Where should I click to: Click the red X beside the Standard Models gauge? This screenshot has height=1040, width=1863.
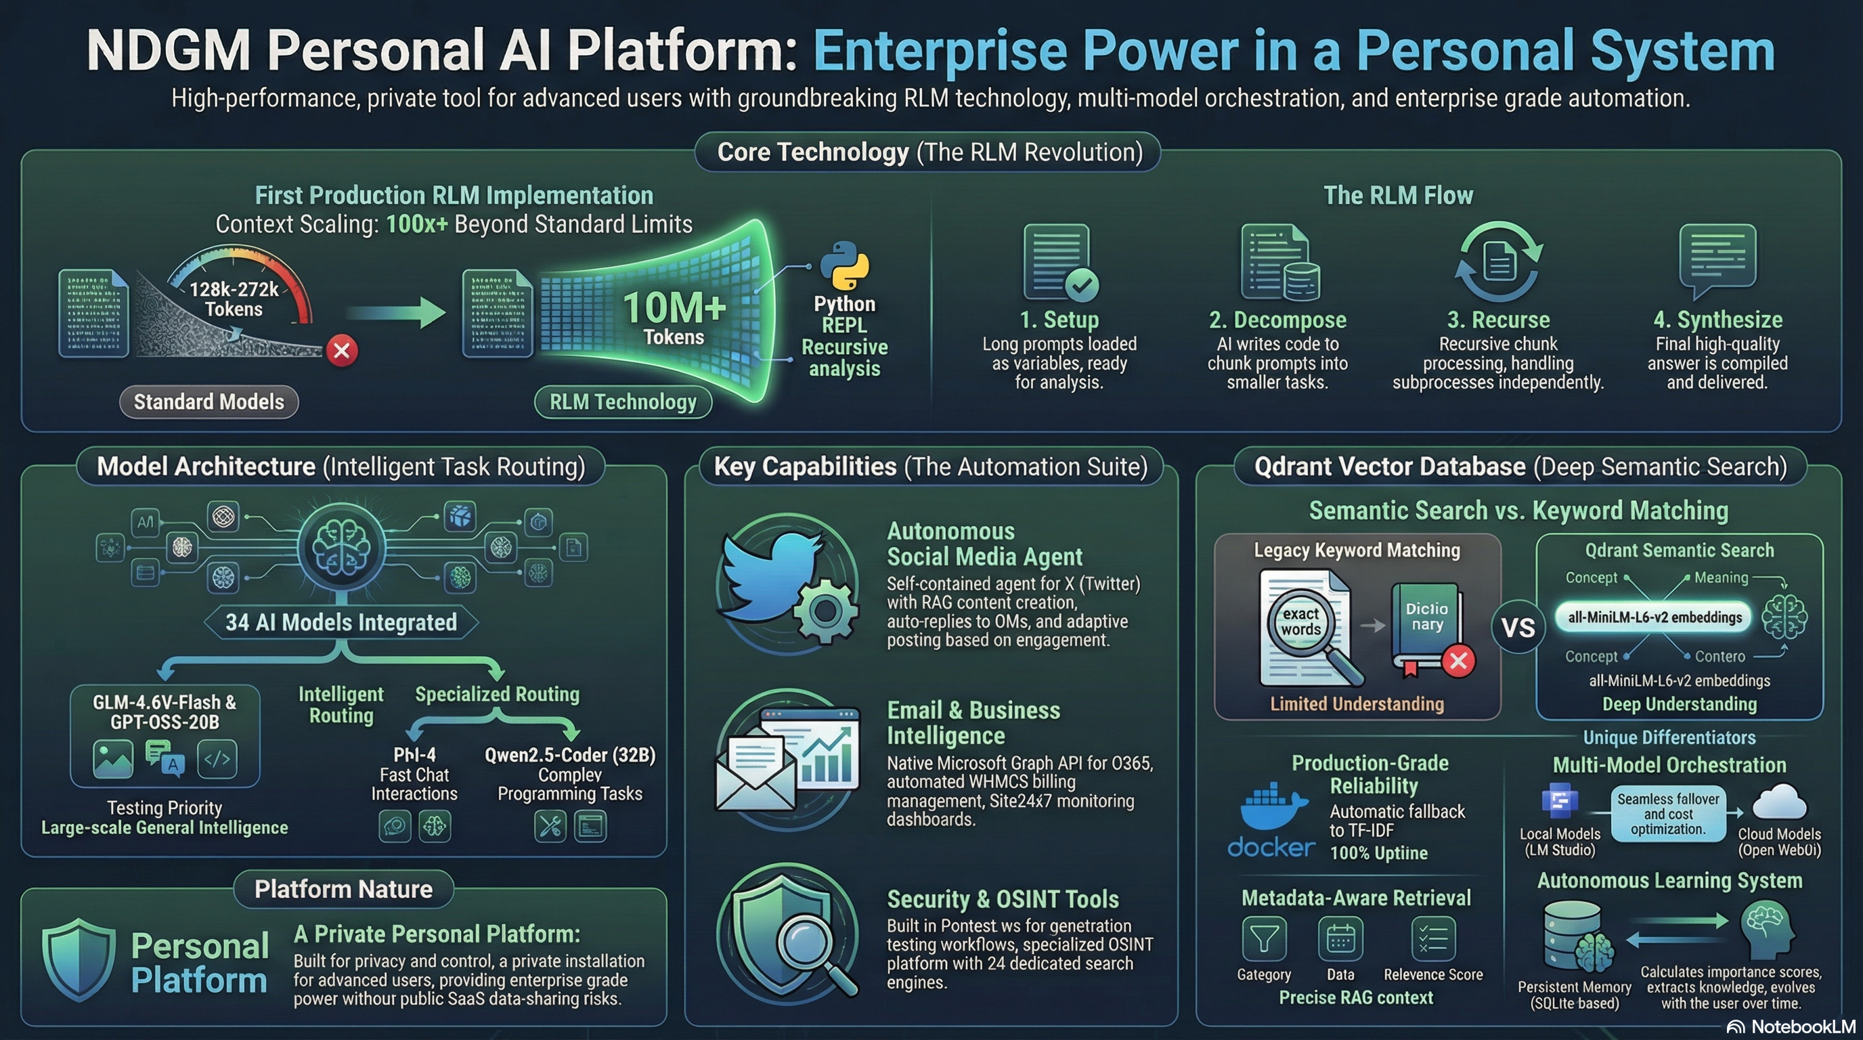click(341, 351)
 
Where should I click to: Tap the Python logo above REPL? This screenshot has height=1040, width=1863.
click(844, 265)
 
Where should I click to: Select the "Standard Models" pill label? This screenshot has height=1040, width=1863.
click(209, 402)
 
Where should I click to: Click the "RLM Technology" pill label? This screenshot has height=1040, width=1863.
click(623, 402)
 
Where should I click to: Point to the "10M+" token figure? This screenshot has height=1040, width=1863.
click(674, 307)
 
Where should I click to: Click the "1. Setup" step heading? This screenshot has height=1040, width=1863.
click(1059, 320)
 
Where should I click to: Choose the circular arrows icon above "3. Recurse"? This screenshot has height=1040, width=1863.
click(1499, 261)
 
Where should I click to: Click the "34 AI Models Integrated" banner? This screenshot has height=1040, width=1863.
click(341, 622)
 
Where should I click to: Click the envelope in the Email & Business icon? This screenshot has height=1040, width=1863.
click(755, 773)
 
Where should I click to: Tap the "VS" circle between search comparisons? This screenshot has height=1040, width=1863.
click(1518, 627)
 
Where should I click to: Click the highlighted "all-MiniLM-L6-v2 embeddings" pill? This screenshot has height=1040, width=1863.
click(1654, 617)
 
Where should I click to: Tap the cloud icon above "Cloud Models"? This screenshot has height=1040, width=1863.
click(1779, 804)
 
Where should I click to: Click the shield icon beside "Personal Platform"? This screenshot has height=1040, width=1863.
click(79, 959)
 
